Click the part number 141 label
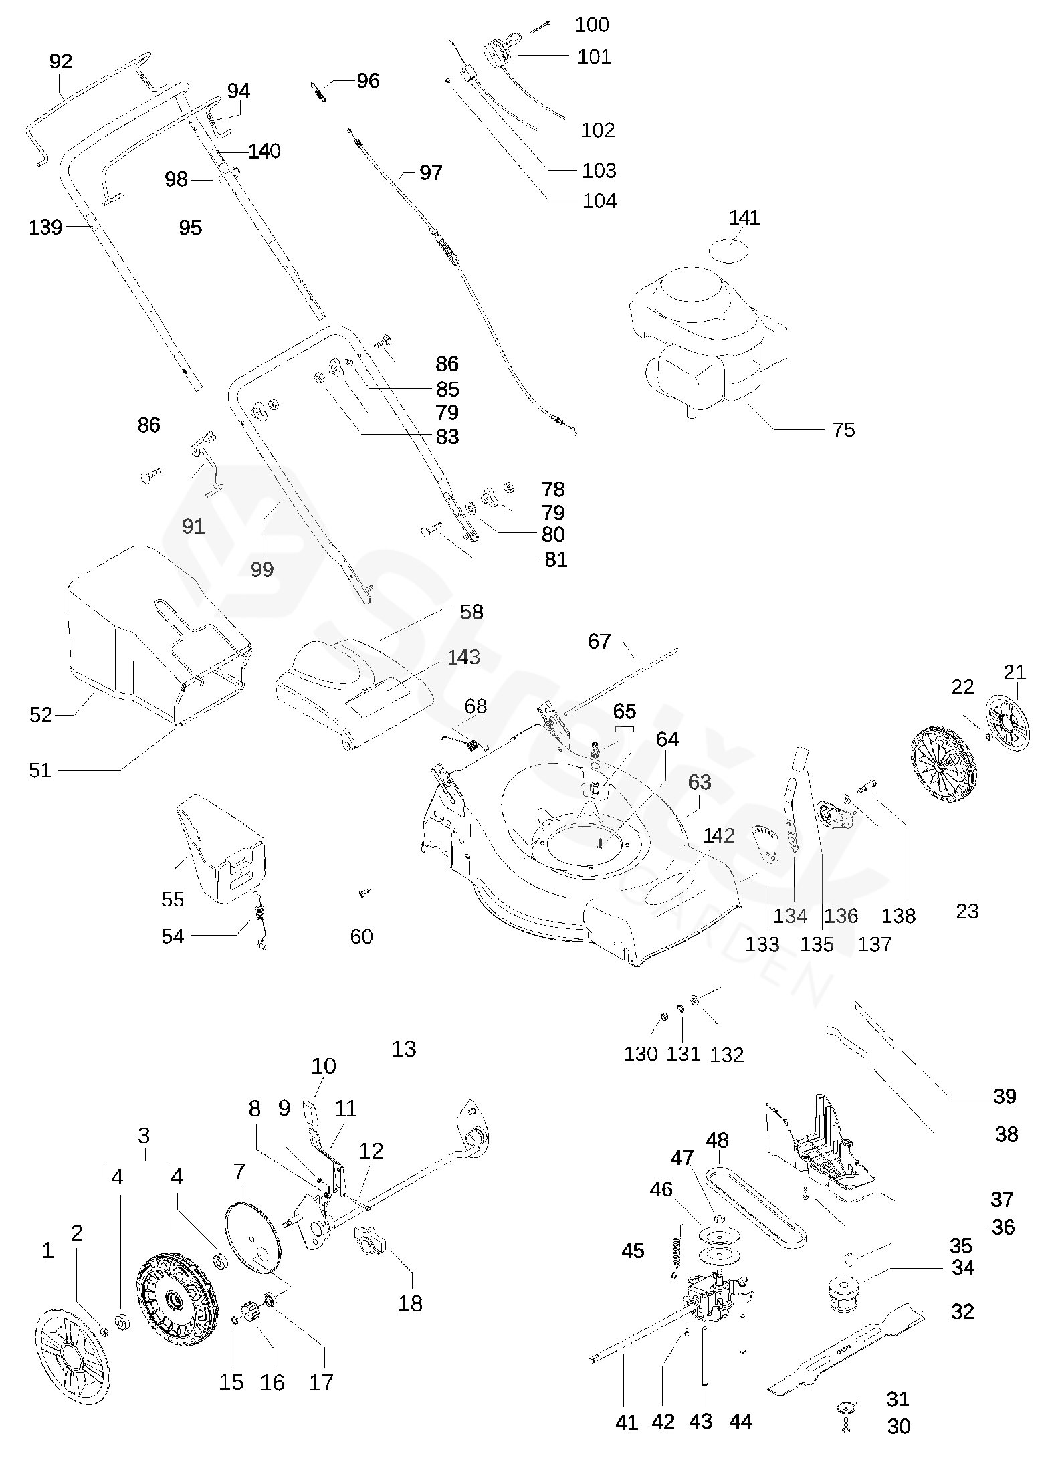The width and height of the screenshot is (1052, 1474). click(x=744, y=217)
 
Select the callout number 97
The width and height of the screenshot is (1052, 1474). click(x=431, y=173)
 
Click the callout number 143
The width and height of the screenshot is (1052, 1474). click(x=463, y=657)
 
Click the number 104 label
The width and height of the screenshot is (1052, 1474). click(x=599, y=201)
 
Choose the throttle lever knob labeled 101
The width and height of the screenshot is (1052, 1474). click(x=498, y=50)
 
